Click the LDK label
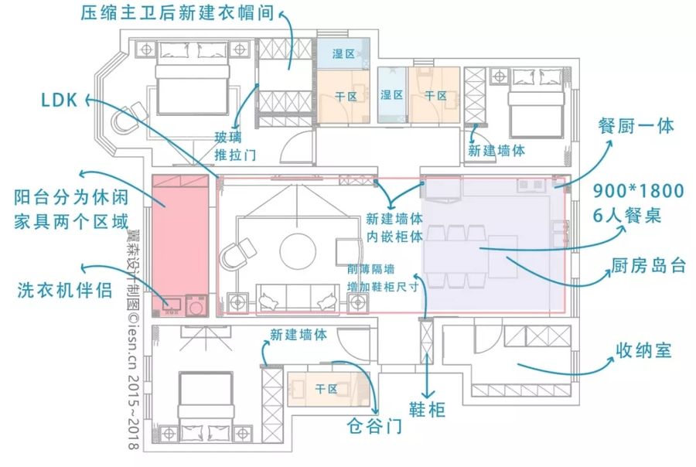(x=60, y=100)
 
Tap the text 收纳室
(x=643, y=351)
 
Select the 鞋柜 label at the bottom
(x=427, y=409)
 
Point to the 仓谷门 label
(x=374, y=426)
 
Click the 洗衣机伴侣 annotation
(x=65, y=290)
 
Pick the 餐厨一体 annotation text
(x=636, y=126)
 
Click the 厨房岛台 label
(x=649, y=265)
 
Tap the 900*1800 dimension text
(x=639, y=191)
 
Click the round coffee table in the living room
(x=298, y=251)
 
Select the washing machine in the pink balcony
(x=196, y=305)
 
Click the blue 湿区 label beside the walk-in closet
(x=343, y=54)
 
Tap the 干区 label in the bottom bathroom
(x=326, y=390)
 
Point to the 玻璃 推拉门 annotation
(x=235, y=146)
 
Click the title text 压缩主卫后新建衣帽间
(x=177, y=13)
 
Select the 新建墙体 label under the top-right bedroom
(x=496, y=151)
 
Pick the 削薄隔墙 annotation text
(x=371, y=269)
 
